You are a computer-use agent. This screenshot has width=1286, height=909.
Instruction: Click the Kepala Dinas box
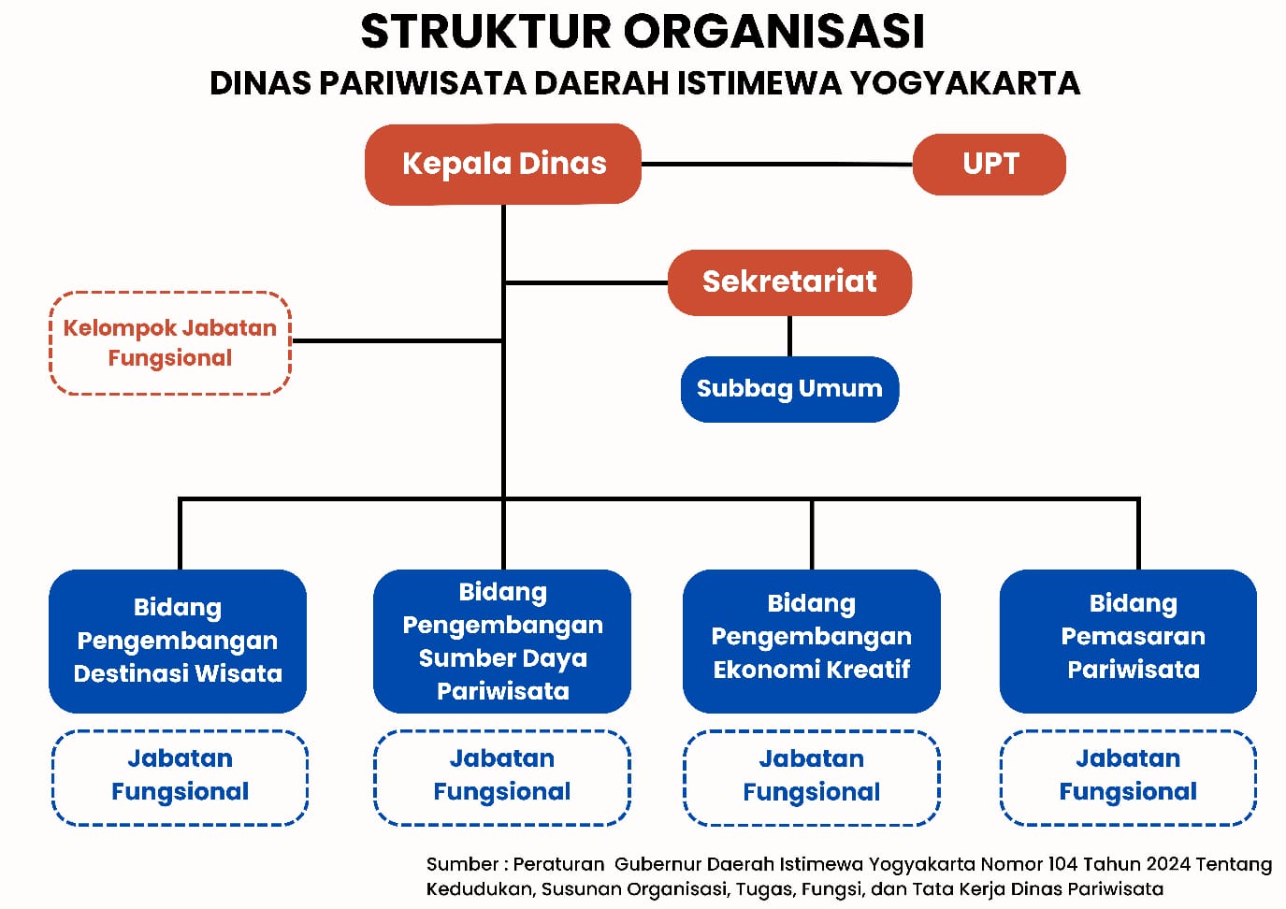(503, 164)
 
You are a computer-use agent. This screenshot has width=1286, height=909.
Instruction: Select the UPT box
(990, 164)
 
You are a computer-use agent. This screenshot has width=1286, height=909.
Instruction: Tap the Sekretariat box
(789, 281)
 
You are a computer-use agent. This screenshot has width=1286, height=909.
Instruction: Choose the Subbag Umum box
(789, 388)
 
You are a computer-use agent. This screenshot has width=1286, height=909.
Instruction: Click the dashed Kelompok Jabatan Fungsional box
(170, 343)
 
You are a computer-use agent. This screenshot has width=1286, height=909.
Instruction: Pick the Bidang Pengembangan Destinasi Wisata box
(178, 641)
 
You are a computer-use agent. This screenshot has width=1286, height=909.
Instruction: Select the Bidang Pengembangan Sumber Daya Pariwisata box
(502, 641)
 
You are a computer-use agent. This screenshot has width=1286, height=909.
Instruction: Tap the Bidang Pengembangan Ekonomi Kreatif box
(811, 641)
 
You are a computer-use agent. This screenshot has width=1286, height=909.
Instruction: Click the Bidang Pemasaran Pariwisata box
(1128, 641)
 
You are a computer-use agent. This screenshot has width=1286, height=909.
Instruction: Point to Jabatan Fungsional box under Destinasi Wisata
(180, 777)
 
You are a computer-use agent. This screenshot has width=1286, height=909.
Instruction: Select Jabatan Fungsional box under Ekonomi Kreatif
(811, 777)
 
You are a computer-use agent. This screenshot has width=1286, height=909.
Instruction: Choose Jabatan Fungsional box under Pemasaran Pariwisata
(1128, 777)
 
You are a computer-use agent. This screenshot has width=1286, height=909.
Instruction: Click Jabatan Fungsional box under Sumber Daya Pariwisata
(502, 777)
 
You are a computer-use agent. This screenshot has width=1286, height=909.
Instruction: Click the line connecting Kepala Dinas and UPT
(776, 164)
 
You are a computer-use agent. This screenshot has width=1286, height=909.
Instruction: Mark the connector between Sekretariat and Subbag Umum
(789, 336)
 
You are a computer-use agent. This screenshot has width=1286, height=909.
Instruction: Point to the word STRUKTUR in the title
(485, 32)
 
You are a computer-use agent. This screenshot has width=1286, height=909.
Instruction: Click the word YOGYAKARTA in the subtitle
(964, 83)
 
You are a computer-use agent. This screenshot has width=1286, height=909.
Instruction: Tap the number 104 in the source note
(1062, 864)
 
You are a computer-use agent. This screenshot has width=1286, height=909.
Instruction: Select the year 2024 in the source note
(1167, 864)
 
